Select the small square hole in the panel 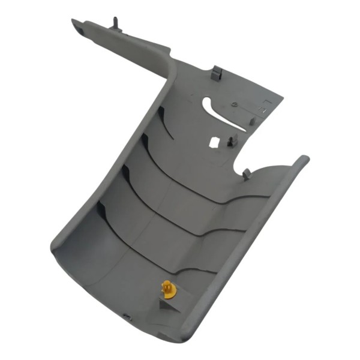[213, 143]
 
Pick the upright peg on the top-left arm [115, 24]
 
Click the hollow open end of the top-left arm [77, 25]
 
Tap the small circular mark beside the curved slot [235, 107]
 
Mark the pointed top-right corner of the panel [283, 95]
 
